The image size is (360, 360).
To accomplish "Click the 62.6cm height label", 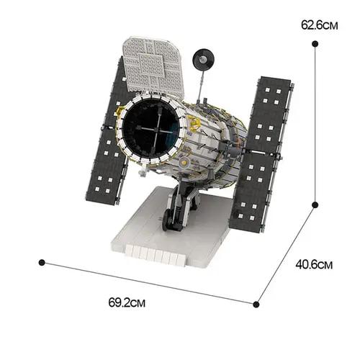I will [319, 24].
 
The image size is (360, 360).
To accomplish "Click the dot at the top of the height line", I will [315, 44].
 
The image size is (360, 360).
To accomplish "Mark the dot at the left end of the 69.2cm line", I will [42, 262].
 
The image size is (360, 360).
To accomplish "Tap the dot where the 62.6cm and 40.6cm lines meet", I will [315, 205].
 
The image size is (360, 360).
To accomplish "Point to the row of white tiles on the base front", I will [151, 254].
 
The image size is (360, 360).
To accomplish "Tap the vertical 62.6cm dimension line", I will [315, 122].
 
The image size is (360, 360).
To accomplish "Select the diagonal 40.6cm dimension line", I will [285, 253].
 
